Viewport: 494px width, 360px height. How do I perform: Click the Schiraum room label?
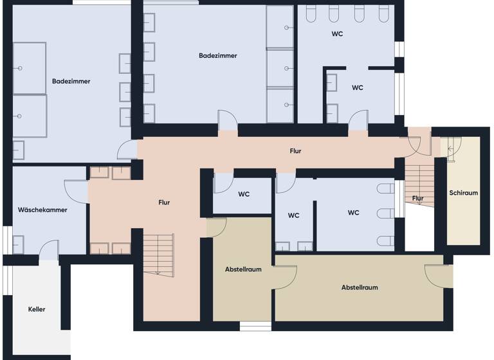pos(463,193)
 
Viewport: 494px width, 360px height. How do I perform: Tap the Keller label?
pos(37,310)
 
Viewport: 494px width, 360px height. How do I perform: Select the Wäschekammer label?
pos(42,210)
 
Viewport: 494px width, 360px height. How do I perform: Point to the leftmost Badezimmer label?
pos(71,82)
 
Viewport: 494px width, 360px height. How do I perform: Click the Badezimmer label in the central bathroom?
pos(218,56)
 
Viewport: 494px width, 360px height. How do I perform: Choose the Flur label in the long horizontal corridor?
pos(295,152)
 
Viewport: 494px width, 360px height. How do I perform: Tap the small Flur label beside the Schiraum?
pos(418,199)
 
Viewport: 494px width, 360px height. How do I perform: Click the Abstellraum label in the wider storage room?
pos(359,288)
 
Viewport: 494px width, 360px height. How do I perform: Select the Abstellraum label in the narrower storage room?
pos(243,269)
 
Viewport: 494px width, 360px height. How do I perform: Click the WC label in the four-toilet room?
pos(337,33)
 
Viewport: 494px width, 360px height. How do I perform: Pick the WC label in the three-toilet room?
pos(353,213)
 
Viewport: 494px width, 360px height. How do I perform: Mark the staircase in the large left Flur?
pos(158,253)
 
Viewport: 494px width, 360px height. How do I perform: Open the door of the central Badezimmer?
pos(228,122)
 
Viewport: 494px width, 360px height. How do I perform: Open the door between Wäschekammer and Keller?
pos(49,251)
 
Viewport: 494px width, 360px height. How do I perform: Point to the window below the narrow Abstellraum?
pos(256,327)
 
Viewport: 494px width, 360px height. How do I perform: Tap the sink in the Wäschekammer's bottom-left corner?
pos(18,245)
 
